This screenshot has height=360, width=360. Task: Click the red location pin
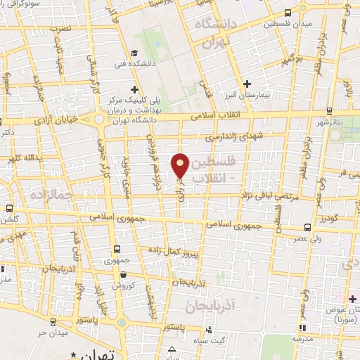point(180,165)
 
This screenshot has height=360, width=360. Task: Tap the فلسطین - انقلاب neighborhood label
point(220,170)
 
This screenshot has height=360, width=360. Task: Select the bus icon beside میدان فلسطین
point(289,13)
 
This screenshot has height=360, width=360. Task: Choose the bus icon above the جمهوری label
point(116,248)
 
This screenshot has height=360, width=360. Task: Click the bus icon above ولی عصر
point(308,227)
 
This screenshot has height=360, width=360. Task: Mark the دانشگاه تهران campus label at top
point(218,32)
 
